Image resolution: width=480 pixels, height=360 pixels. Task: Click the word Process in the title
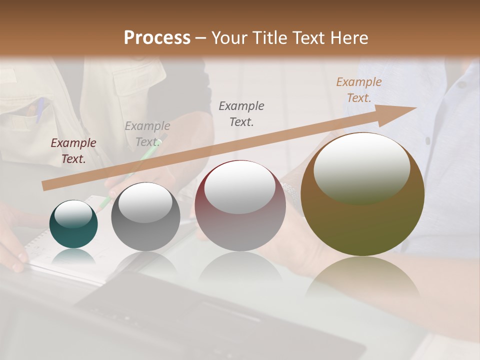[157, 37]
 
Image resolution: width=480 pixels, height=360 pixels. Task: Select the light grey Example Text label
[147, 134]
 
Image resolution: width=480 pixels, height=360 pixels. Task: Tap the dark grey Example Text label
[241, 113]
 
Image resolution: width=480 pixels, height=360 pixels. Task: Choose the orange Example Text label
[358, 90]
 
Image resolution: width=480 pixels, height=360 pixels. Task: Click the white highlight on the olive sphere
[361, 167]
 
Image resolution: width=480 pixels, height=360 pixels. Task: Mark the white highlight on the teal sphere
[73, 214]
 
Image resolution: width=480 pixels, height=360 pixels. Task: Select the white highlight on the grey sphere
[145, 201]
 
